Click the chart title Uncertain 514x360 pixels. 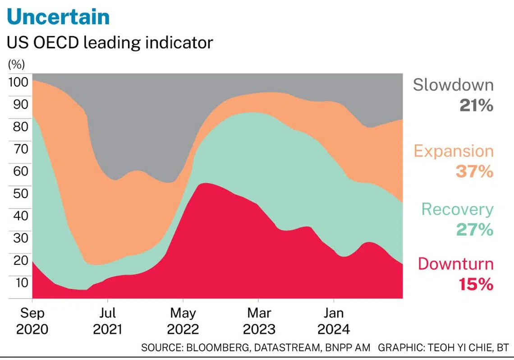coord(59,17)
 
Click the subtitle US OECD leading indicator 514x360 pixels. coord(110,43)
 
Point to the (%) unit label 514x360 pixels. coord(17,64)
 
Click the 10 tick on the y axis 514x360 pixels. coord(21,282)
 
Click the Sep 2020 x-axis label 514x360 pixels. coord(32,321)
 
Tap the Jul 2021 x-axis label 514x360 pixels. coord(107,321)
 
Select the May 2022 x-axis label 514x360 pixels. coord(183,321)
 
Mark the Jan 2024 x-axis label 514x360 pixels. coord(334,321)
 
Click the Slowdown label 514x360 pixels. coord(453,85)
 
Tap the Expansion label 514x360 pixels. coord(454,151)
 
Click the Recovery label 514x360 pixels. coord(457,209)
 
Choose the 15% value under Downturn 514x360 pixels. coord(476,285)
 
